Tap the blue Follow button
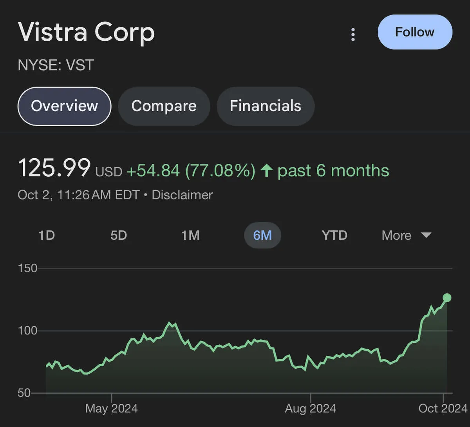415,32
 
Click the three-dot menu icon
353,34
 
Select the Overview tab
65,106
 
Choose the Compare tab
164,106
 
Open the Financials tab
265,106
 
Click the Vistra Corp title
87,32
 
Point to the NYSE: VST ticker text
56,65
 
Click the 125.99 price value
54,168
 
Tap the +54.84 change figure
153,171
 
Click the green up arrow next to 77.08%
267,170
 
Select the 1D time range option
46,235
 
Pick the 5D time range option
118,235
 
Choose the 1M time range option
190,235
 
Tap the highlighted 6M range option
262,235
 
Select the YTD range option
334,235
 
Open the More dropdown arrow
426,235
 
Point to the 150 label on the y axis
27,268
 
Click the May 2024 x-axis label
112,409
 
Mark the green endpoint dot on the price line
447,298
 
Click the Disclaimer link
182,195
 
